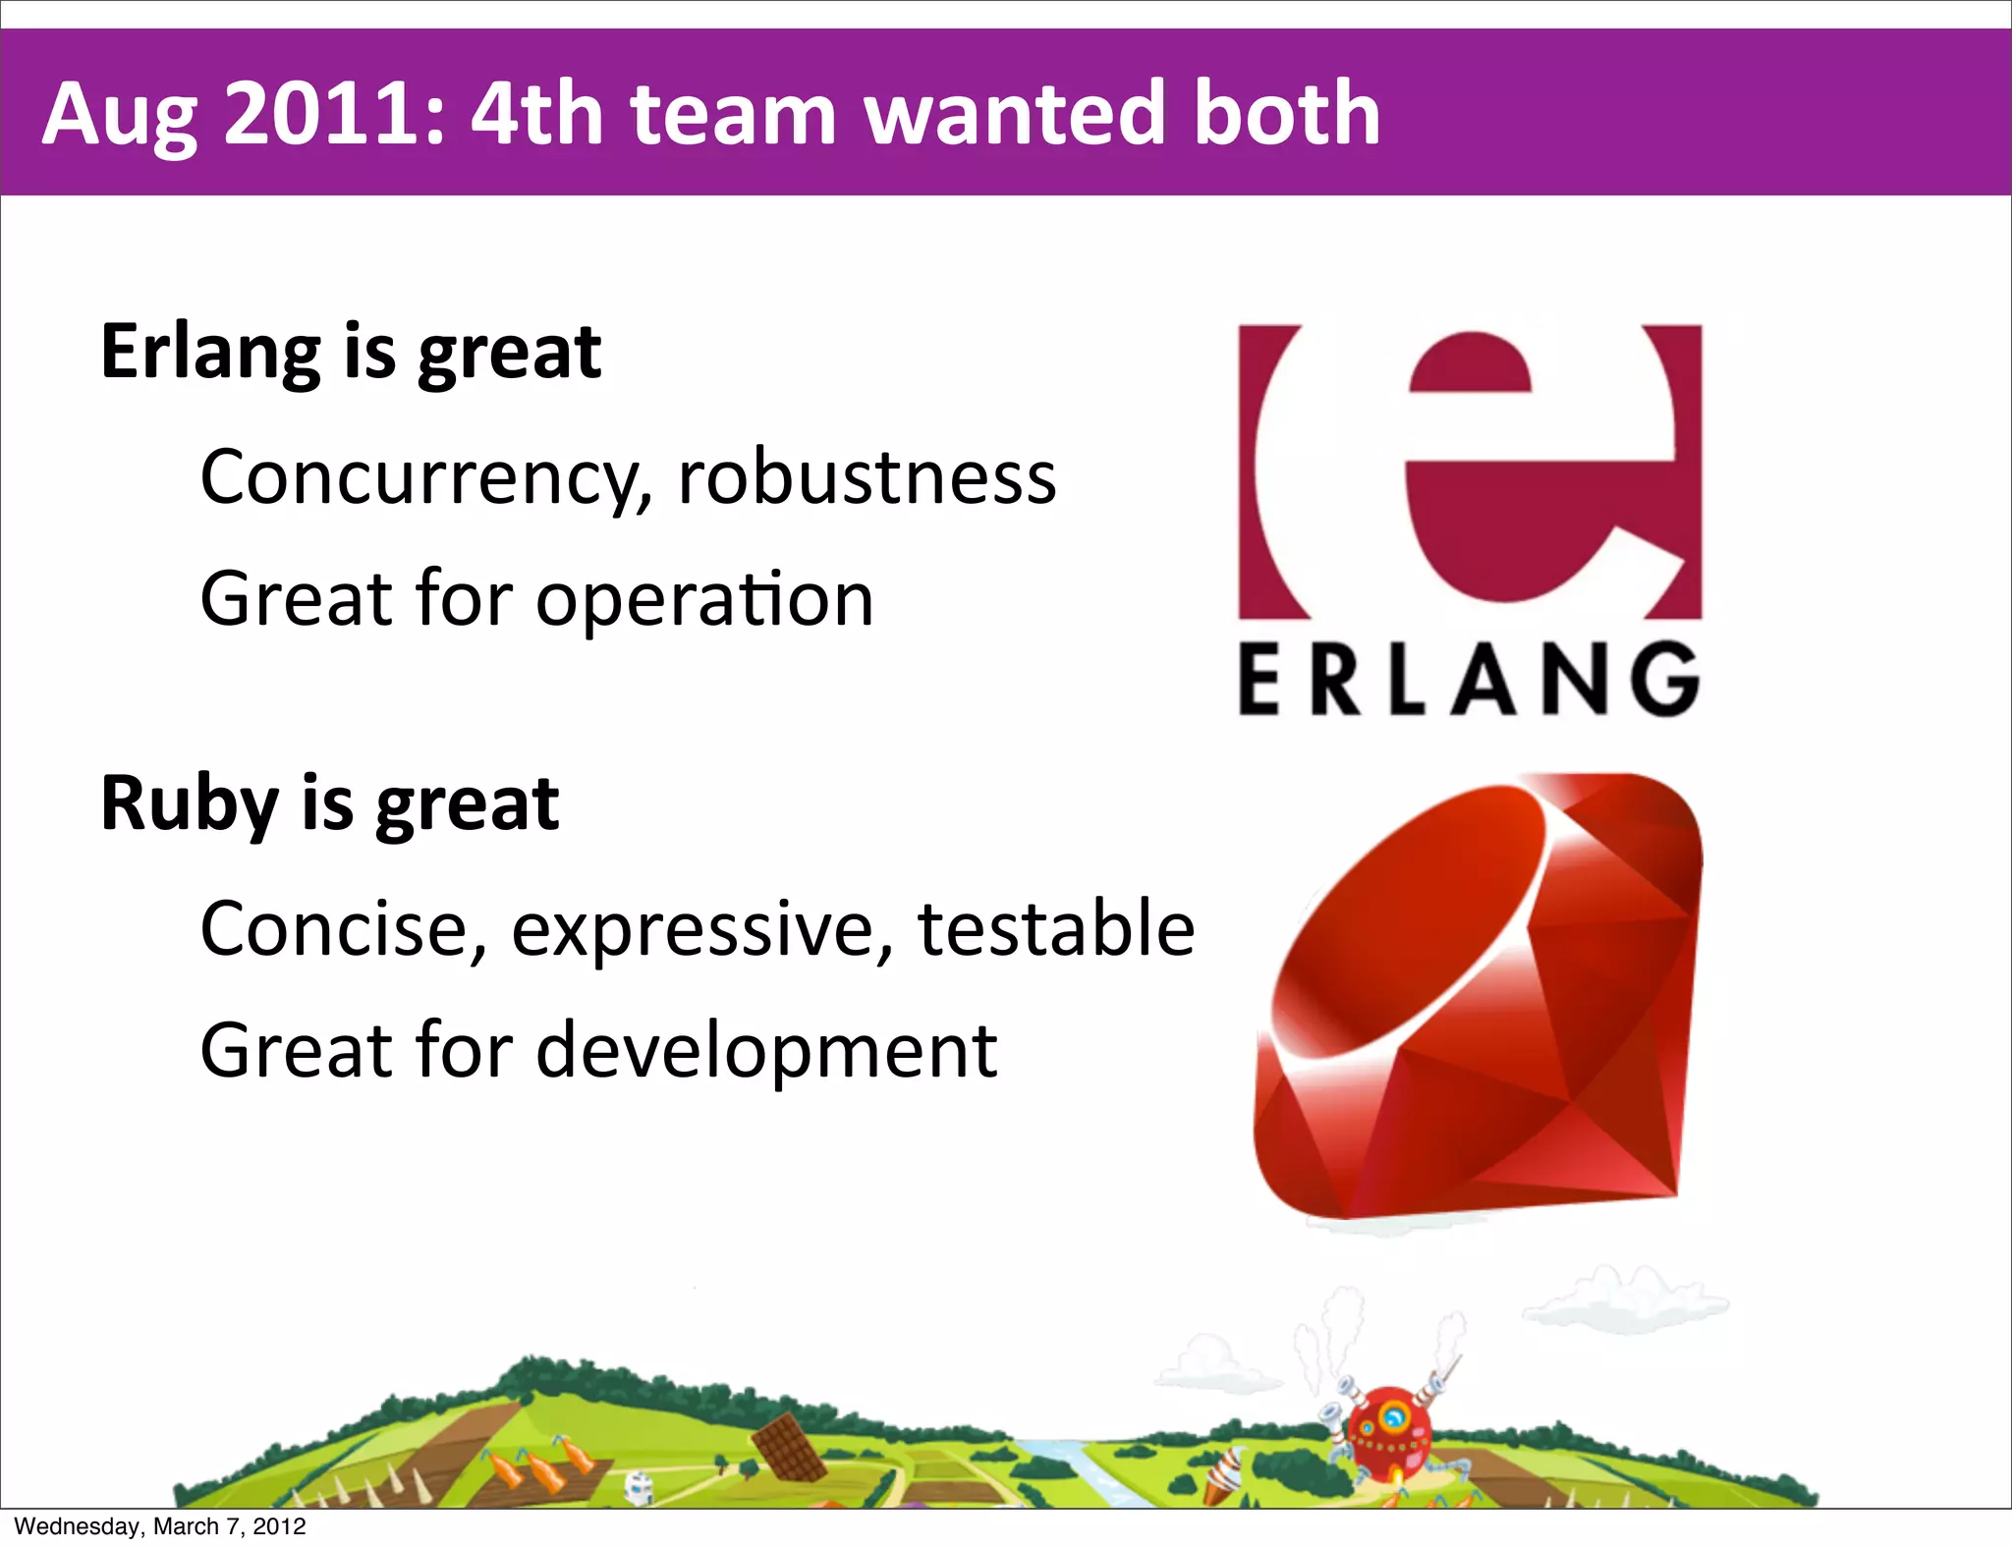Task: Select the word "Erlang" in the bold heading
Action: [210, 354]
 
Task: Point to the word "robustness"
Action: [866, 478]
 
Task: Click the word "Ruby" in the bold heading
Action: [189, 805]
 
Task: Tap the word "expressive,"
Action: [701, 930]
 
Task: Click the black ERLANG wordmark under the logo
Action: [1469, 680]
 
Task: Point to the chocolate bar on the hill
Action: [788, 1446]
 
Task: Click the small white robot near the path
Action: [640, 1485]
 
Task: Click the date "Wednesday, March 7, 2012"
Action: [160, 1526]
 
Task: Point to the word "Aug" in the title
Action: [119, 116]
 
